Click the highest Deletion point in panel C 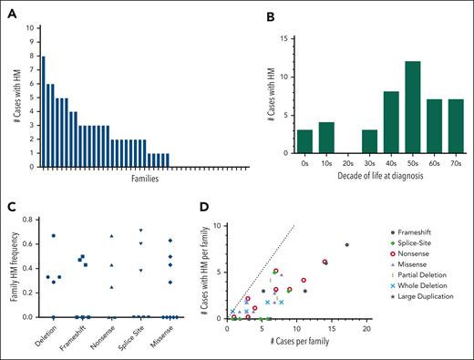[x=55, y=236]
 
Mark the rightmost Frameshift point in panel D [x=346, y=244]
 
